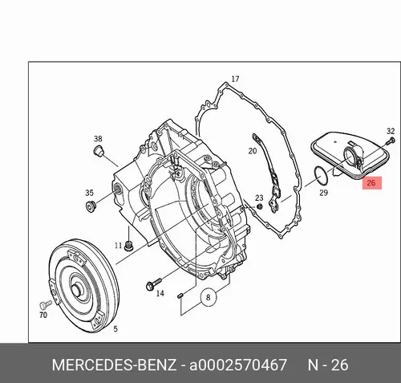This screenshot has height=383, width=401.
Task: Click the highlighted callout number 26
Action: tap(371, 183)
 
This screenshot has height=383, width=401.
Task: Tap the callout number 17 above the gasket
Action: tap(235, 79)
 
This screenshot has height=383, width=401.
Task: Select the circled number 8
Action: tap(208, 297)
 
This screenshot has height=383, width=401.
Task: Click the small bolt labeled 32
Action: tap(392, 140)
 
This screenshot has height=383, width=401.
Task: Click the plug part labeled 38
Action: tap(98, 150)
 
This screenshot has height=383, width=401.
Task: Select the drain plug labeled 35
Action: tap(90, 206)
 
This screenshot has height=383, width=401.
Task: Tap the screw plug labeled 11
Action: tap(129, 246)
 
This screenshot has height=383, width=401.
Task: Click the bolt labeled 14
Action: tap(153, 284)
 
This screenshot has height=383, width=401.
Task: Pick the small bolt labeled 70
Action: tap(46, 304)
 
